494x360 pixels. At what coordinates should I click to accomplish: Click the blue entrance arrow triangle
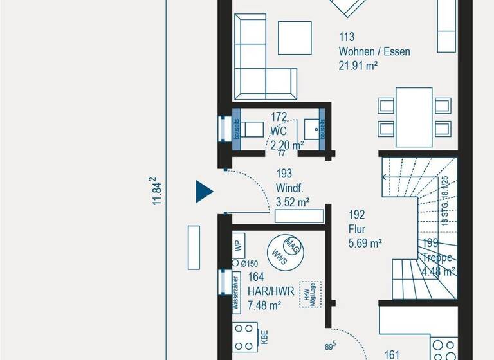pyautogui.click(x=203, y=191)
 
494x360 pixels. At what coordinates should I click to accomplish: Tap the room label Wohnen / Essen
pyautogui.click(x=374, y=51)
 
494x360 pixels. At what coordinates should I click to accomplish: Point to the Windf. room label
pyautogui.click(x=289, y=188)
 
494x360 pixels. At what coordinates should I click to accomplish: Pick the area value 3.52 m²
pyautogui.click(x=292, y=202)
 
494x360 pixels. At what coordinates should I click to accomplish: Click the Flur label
pyautogui.click(x=358, y=229)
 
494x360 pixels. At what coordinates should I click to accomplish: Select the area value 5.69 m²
pyautogui.click(x=365, y=243)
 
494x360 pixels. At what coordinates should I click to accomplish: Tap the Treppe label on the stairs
pyautogui.click(x=438, y=257)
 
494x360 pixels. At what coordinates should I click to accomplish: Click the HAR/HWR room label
pyautogui.click(x=271, y=291)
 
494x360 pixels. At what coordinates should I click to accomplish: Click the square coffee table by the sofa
pyautogui.click(x=295, y=38)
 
